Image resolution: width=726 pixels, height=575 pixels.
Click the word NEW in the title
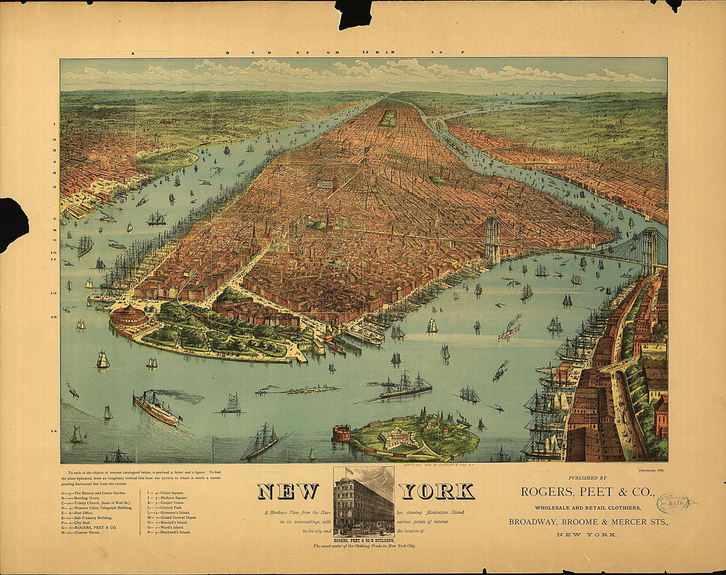coord(288,491)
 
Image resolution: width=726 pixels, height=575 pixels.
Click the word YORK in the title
coord(437,491)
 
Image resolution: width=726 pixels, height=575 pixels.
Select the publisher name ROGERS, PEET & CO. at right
coord(587,491)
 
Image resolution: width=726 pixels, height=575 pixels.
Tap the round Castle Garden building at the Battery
coord(129,317)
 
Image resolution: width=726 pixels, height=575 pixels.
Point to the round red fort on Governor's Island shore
coord(341,433)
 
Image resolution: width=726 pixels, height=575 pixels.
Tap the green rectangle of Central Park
coord(388,119)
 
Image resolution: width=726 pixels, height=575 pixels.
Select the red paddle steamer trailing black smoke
coord(156,409)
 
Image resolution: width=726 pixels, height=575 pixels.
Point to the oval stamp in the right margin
coord(672,504)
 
